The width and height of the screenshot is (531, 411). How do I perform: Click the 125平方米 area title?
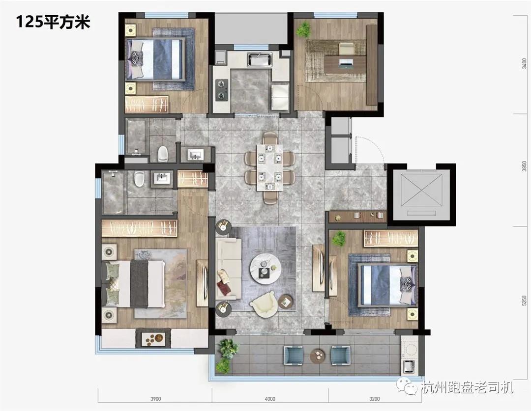point(53,22)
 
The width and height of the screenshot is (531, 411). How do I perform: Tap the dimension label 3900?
point(156,399)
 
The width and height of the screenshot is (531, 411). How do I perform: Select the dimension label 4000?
point(269,399)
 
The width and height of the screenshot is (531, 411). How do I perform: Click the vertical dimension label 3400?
point(525,64)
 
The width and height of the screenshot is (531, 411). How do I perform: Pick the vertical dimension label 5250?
point(525,300)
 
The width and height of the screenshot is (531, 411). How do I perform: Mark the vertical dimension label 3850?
point(525,167)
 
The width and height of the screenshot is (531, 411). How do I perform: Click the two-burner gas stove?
point(222,89)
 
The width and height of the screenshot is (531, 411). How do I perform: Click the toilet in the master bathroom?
point(139,180)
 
